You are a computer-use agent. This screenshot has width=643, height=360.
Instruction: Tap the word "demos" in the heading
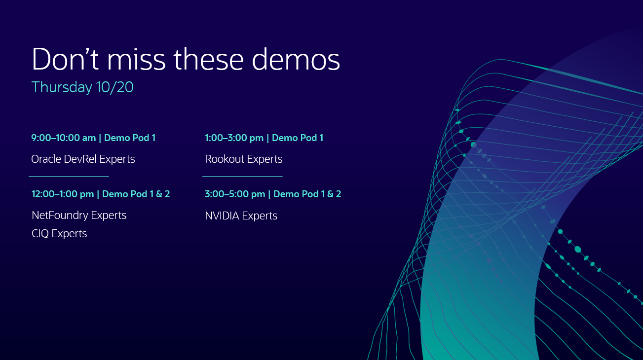point(296,60)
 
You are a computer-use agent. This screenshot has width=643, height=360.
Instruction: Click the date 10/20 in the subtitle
point(115,87)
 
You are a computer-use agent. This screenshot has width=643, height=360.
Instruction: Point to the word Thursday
point(62,87)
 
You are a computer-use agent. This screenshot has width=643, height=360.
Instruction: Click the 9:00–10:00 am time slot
point(63,138)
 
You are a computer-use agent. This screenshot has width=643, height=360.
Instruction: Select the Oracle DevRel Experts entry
point(83,159)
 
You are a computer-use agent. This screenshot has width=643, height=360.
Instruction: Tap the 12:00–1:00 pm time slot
point(63,194)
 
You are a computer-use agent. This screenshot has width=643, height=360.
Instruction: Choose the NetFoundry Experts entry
point(79,216)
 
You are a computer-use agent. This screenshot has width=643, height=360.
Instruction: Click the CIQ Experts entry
point(59,233)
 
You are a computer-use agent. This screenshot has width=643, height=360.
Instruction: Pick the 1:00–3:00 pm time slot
point(234,138)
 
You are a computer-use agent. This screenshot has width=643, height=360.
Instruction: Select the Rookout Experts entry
point(244,159)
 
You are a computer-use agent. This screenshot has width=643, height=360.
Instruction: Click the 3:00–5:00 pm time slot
point(235,194)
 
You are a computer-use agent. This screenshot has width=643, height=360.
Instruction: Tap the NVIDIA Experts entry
point(241,216)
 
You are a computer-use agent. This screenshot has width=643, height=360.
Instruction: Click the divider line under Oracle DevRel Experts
point(69,176)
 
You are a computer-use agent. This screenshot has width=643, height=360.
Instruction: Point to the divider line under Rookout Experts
point(242,176)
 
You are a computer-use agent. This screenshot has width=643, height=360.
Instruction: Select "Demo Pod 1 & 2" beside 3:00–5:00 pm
point(307,194)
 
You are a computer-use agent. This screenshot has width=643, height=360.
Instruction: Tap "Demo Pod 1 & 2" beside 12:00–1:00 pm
point(136,194)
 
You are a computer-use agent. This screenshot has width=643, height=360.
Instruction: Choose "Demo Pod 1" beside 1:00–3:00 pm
point(298,138)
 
